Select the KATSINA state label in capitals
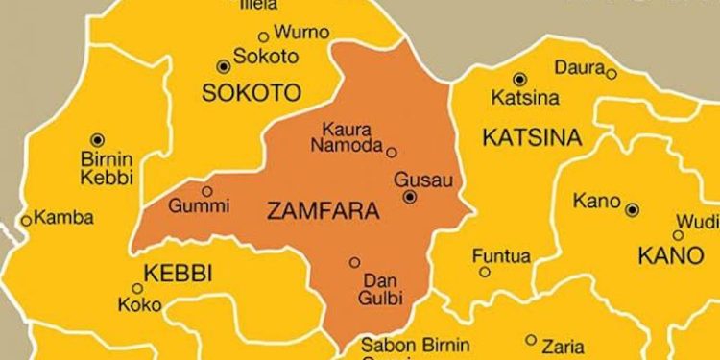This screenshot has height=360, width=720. (x=531, y=138)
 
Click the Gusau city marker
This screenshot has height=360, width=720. (x=410, y=197)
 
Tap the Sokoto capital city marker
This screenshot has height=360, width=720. (x=224, y=66)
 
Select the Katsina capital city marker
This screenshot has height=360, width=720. (x=519, y=80)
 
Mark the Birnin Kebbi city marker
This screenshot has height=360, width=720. (x=97, y=140)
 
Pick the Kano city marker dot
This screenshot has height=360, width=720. (x=632, y=209)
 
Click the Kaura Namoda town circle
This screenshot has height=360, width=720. (x=392, y=151)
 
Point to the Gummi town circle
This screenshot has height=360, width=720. (x=206, y=191)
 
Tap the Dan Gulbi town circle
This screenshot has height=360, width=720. (x=355, y=262)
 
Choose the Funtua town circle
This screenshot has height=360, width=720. (x=485, y=272)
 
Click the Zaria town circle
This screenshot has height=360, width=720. (x=531, y=339)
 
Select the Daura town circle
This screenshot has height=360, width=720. (x=612, y=73)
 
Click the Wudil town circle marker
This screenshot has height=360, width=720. (x=679, y=234)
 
